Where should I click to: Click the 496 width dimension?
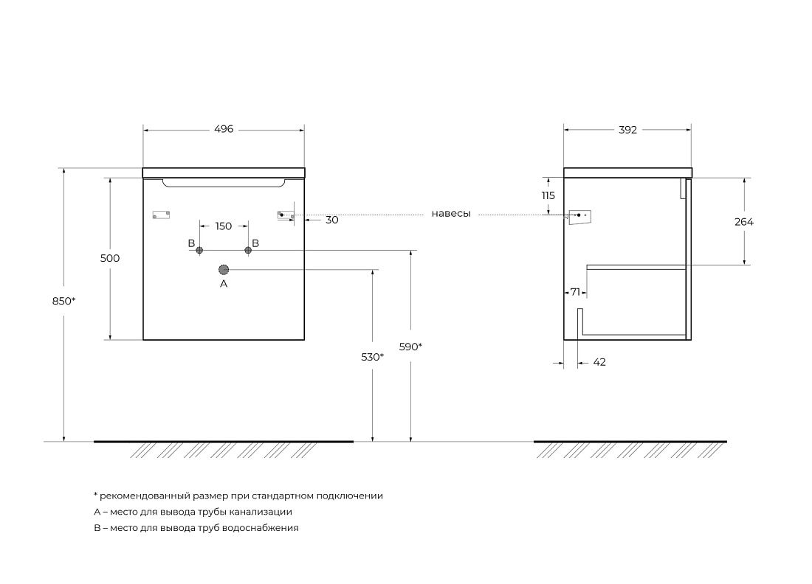point(224,129)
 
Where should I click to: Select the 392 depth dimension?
point(627,130)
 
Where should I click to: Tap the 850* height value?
point(63,301)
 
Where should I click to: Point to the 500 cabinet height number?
point(110,258)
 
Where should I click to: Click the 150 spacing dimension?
point(223,226)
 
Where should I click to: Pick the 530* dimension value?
point(372,357)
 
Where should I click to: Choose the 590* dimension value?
point(410,347)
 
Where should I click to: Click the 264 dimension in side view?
point(744,222)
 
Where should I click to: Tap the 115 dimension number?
point(548,195)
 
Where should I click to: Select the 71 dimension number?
point(575,292)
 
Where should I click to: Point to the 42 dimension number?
point(599,362)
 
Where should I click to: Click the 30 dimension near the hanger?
point(332,220)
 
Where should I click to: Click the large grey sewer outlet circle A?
point(224,269)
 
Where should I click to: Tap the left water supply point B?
point(199,251)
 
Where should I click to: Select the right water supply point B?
point(248,251)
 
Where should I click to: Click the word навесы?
point(451,214)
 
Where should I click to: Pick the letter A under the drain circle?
point(224,283)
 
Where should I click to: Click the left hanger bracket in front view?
point(161,215)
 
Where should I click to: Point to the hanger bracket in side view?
point(580,218)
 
